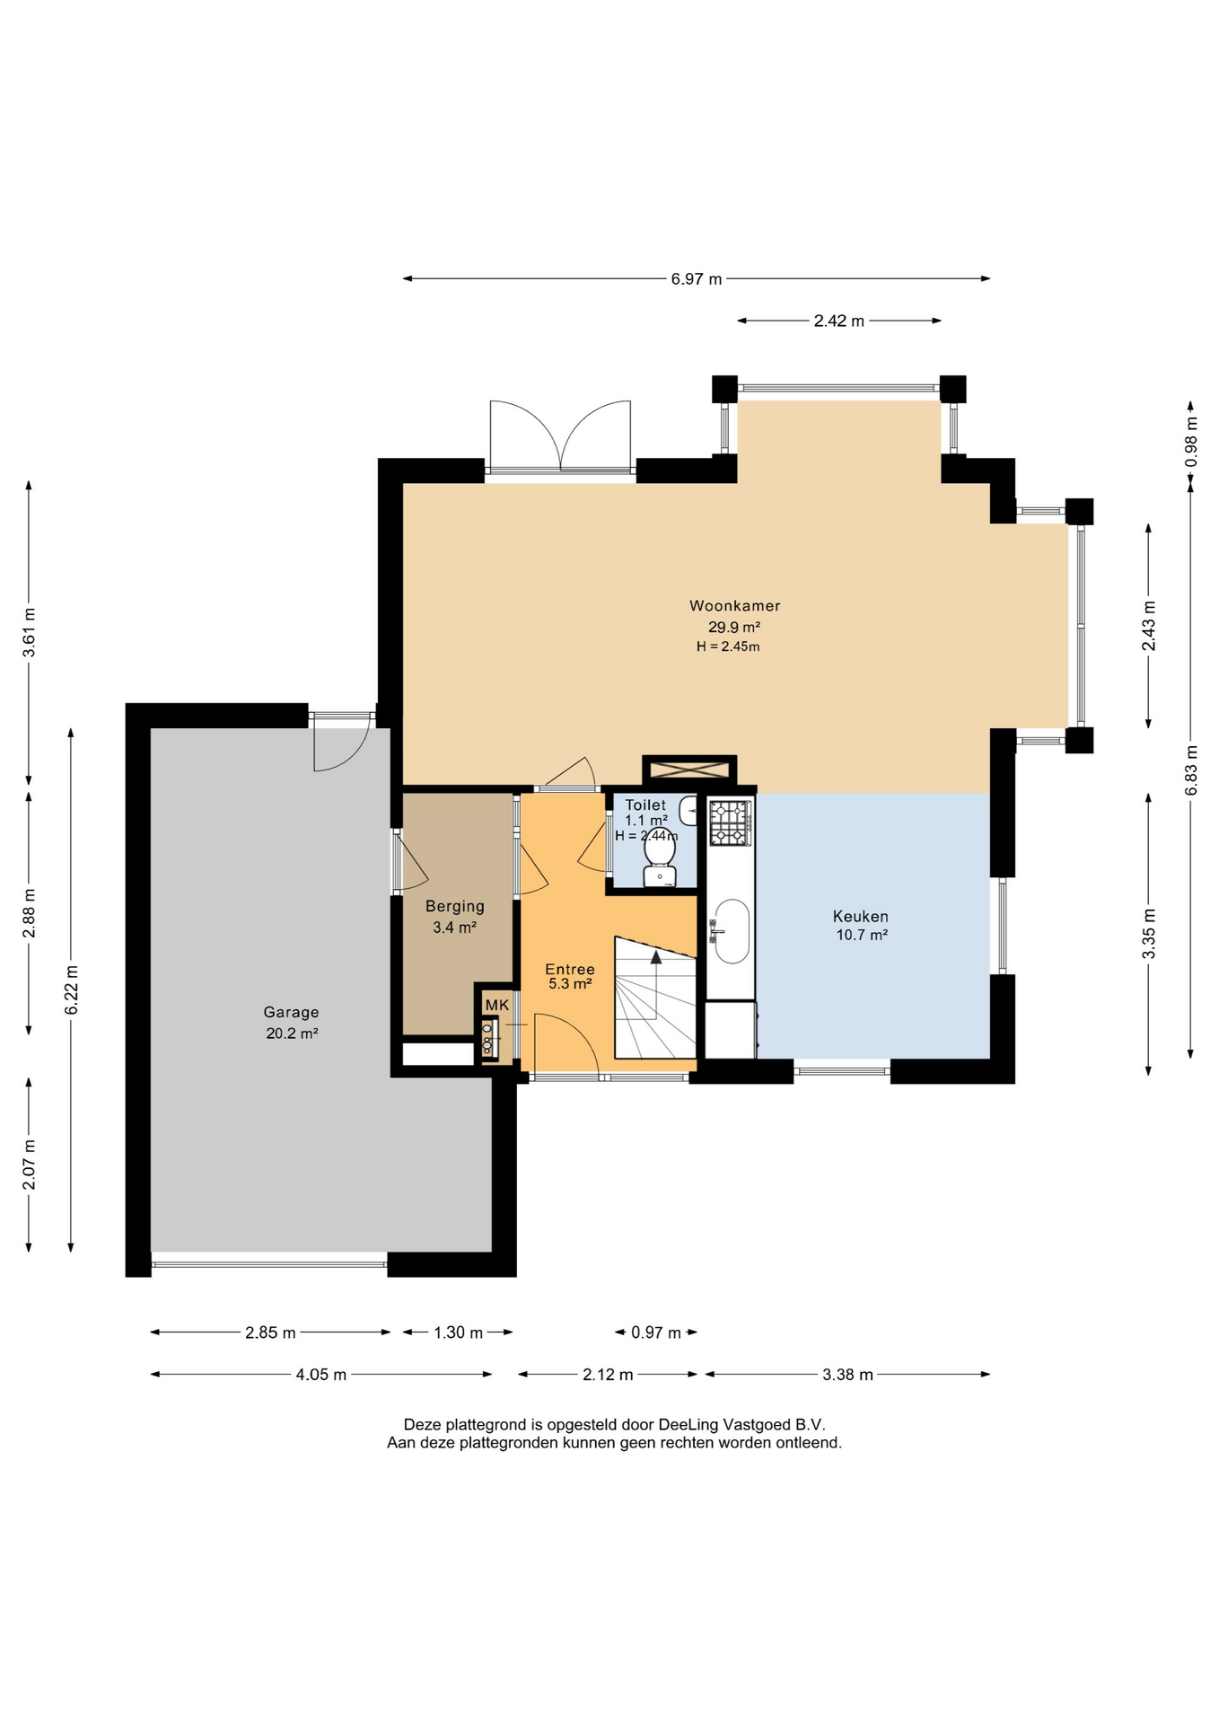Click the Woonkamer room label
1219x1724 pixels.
734,606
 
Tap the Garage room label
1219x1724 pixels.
291,1013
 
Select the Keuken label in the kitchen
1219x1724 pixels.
861,917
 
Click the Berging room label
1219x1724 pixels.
455,907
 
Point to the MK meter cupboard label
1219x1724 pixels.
497,1005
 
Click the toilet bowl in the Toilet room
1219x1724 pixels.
660,857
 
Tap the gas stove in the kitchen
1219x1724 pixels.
730,822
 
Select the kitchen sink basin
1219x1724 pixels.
732,931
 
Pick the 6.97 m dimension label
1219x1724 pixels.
697,279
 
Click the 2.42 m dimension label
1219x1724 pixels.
839,321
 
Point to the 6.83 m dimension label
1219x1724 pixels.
1191,770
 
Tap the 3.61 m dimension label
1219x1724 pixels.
30,633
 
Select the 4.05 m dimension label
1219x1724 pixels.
321,1375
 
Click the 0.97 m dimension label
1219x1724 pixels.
656,1333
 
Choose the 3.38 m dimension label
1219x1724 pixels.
847,1375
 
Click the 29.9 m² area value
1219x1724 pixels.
734,628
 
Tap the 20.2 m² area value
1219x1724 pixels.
292,1034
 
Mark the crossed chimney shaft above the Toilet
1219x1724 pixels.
689,770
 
